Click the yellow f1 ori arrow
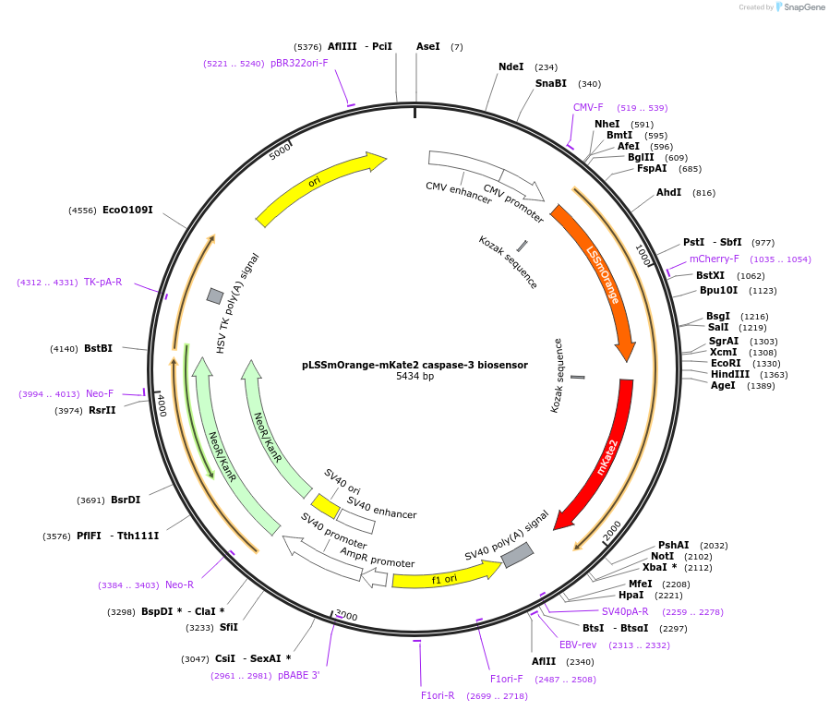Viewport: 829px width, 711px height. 443,576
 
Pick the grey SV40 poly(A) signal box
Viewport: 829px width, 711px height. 517,555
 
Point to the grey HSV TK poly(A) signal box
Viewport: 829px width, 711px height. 215,295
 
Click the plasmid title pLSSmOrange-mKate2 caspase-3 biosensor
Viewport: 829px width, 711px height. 414,365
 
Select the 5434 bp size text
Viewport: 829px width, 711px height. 414,377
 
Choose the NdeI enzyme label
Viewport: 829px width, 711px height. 511,67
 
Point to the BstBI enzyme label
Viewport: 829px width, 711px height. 98,348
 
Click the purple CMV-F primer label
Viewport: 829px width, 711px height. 588,108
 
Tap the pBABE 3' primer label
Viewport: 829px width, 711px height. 298,675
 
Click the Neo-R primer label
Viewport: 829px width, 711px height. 179,584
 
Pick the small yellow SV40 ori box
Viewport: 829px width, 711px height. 325,505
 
